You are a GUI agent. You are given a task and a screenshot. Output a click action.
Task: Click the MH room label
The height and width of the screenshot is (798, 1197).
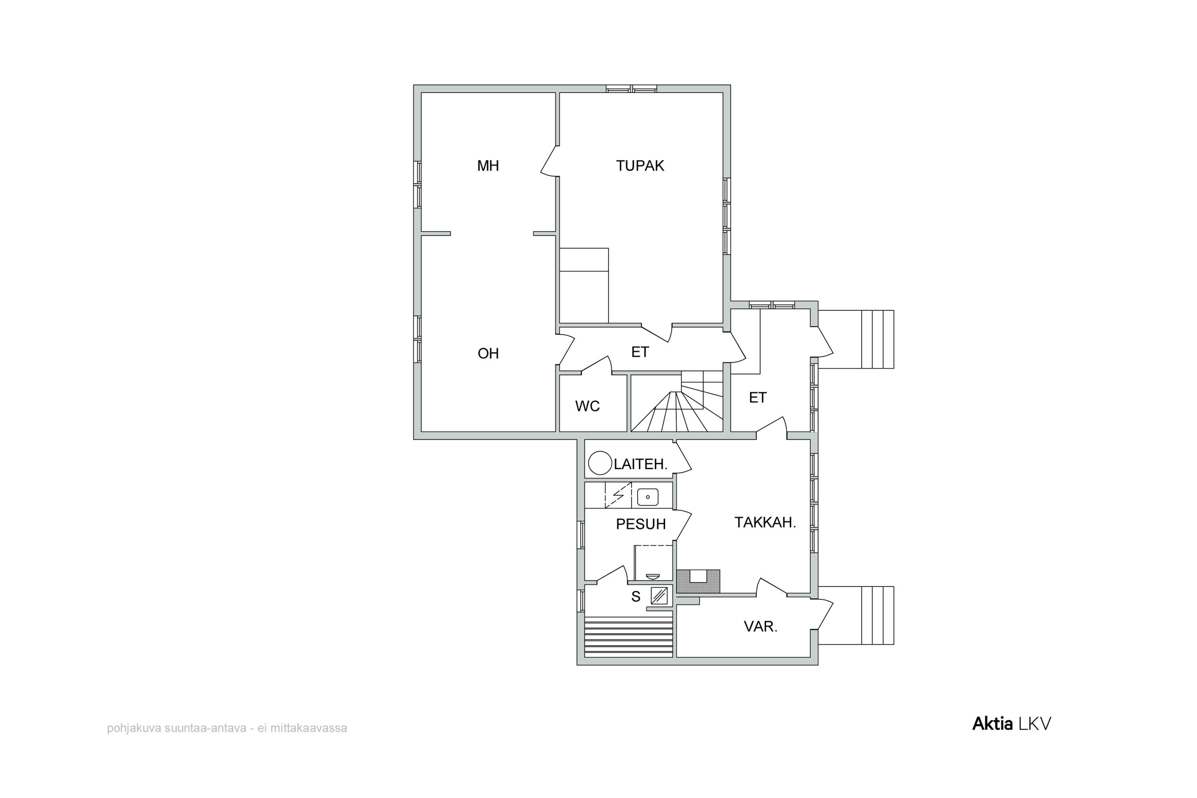pyautogui.click(x=488, y=166)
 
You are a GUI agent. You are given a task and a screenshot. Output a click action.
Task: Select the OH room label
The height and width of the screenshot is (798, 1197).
pyautogui.click(x=488, y=354)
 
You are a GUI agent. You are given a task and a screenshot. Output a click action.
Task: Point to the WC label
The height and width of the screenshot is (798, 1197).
pyautogui.click(x=587, y=406)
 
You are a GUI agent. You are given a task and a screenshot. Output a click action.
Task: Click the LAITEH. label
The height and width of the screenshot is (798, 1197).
pyautogui.click(x=640, y=464)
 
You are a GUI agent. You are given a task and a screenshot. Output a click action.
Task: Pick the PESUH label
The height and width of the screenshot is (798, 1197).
pyautogui.click(x=641, y=524)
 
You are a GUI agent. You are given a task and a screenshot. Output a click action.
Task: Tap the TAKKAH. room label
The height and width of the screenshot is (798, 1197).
pyautogui.click(x=765, y=523)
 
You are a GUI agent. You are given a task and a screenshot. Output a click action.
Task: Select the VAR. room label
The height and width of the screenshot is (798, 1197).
pyautogui.click(x=760, y=626)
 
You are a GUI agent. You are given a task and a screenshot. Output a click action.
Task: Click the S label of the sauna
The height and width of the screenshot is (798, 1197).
pyautogui.click(x=636, y=597)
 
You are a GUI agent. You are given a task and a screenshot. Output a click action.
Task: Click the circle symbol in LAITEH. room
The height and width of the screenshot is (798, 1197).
pyautogui.click(x=600, y=464)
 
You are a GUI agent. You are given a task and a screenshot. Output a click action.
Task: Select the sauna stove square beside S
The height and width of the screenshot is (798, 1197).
pyautogui.click(x=659, y=595)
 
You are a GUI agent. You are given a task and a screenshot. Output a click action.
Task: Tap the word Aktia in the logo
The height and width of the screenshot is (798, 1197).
pyautogui.click(x=992, y=724)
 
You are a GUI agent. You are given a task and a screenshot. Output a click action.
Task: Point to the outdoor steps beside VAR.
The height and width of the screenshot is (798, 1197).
pyautogui.click(x=856, y=615)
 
